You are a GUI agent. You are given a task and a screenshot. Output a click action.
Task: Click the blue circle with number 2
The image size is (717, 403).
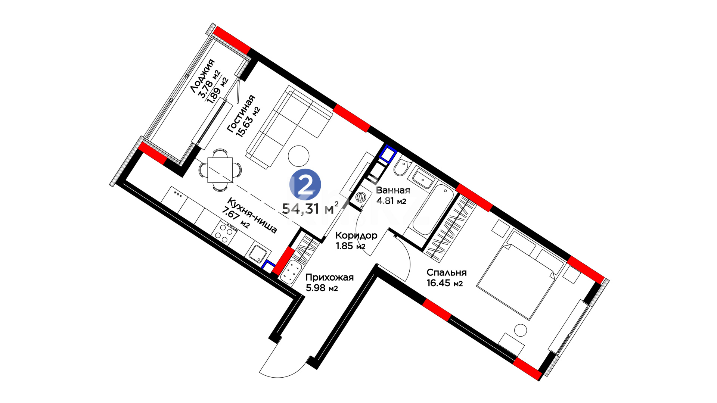coord(305,184)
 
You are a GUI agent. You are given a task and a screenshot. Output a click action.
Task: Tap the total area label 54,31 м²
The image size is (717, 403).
coord(310,208)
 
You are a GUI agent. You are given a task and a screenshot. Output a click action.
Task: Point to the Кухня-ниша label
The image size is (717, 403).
coord(252,216)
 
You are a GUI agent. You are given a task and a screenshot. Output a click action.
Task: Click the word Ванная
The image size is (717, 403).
coord(393,190)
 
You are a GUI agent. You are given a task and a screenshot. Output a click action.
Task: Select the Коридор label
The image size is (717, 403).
coord(356,235)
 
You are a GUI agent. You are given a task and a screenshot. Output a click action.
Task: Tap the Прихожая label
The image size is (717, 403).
coord(329,277)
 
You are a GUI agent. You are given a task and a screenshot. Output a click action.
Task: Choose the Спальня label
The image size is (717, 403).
coord(447,272)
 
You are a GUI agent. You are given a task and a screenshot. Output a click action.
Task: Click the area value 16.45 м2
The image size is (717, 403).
coord(445,283)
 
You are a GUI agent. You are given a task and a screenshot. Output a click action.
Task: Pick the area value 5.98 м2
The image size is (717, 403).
coord(322,288)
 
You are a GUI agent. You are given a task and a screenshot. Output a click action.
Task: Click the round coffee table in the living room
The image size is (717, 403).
coord(299,156)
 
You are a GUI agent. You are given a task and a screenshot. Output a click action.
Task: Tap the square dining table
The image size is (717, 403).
coord(220,170)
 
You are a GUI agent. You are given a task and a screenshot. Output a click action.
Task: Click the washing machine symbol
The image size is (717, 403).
coord(360,197)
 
